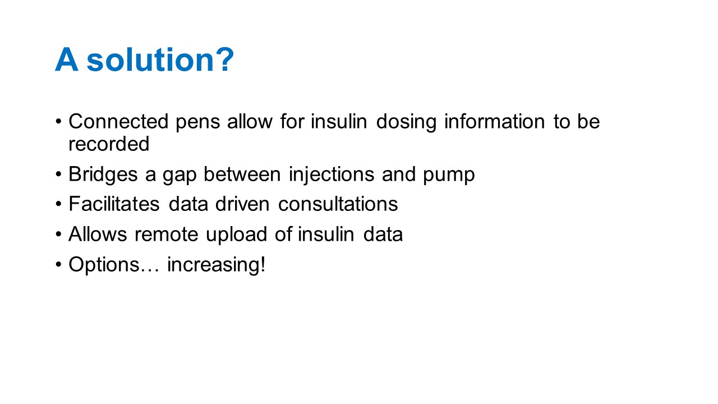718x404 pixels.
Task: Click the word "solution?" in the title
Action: pos(160,59)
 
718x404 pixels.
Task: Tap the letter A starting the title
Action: pos(67,59)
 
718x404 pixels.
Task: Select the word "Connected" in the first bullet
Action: pos(118,121)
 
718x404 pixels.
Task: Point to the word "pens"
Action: pos(198,123)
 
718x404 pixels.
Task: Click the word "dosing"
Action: pos(406,122)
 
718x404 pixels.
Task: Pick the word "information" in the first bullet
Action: pos(494,121)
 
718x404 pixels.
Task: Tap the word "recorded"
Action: pos(109,144)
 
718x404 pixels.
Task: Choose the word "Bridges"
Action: pos(103,175)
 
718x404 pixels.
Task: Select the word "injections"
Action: pos(332,175)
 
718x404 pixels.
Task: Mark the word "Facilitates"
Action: pos(114,204)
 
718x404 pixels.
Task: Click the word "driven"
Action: pos(242,204)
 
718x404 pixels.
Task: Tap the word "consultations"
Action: pos(338,204)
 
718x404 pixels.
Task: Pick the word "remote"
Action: pos(167,235)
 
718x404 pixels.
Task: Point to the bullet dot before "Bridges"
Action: pos(58,174)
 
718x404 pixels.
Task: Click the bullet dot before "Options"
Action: pos(58,265)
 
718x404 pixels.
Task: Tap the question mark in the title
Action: pos(226,59)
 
